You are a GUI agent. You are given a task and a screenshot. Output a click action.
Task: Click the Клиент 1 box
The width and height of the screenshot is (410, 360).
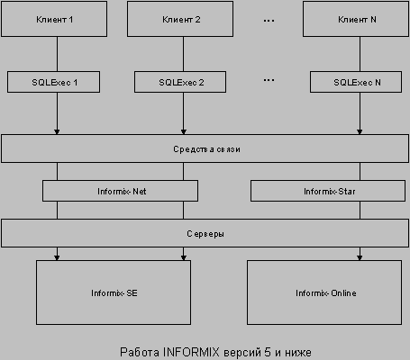click(x=54, y=19)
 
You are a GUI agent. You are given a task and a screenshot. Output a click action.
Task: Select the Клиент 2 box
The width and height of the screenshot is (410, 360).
click(x=180, y=19)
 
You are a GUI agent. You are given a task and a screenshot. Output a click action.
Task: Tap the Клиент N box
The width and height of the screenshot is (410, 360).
click(x=356, y=19)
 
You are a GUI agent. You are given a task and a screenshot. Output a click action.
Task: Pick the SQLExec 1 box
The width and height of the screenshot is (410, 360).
click(x=53, y=82)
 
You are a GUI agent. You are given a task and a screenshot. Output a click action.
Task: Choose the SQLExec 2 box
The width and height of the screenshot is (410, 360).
click(x=180, y=82)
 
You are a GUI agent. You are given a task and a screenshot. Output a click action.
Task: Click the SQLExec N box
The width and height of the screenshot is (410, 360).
click(x=356, y=82)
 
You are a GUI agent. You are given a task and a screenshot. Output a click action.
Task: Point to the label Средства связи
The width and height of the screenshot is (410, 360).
click(x=206, y=149)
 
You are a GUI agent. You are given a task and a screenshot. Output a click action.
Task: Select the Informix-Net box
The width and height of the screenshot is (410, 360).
click(x=120, y=191)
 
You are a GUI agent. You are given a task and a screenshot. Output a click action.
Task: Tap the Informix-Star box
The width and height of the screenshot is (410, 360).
click(x=328, y=191)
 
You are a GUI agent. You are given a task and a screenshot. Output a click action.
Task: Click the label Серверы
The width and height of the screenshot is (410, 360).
click(x=205, y=234)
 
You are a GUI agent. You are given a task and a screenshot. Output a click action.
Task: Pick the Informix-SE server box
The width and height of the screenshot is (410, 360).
click(x=114, y=292)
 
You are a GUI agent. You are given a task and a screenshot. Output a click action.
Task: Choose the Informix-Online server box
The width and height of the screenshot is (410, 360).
click(x=324, y=292)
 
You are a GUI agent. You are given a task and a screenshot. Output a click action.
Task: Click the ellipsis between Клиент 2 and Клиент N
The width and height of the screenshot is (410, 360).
click(x=269, y=21)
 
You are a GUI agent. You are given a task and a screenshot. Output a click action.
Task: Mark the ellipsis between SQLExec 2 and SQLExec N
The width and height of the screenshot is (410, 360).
click(x=269, y=80)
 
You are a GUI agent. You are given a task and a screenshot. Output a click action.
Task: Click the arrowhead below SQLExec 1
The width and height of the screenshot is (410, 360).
click(x=57, y=131)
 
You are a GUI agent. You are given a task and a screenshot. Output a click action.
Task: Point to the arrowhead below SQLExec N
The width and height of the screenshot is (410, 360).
click(x=360, y=131)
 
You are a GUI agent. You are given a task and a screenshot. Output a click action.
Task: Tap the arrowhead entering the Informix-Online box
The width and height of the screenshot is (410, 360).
click(x=360, y=257)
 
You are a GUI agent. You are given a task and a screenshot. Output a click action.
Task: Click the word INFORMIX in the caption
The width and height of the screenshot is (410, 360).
click(x=191, y=352)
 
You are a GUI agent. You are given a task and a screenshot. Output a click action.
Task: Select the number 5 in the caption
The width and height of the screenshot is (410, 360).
click(x=268, y=352)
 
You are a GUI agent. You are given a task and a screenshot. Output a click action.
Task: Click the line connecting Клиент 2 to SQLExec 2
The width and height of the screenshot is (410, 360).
click(x=183, y=54)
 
